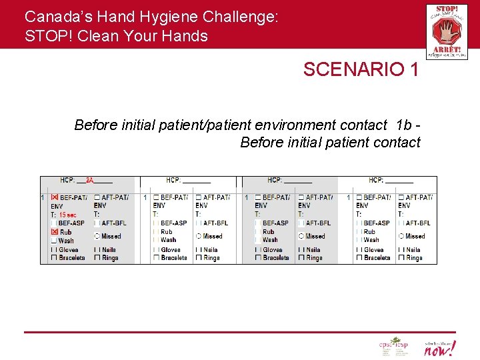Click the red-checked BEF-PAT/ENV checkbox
[x=54, y=197]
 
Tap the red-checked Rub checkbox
[x=54, y=232]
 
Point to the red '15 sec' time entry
[x=67, y=215]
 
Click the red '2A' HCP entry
[x=89, y=180]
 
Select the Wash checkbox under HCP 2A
[x=54, y=241]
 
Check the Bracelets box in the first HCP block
[x=54, y=258]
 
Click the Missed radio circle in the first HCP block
[x=97, y=236]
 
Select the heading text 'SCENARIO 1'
[x=361, y=69]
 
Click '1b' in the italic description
[x=403, y=125]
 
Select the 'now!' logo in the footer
[x=439, y=347]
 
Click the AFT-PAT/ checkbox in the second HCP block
[x=198, y=197]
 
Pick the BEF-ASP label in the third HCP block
[x=275, y=223]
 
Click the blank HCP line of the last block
[x=399, y=180]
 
